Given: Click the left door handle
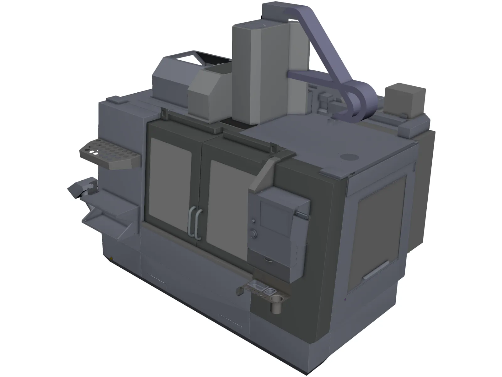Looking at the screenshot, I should point(190,221).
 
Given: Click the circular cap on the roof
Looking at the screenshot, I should point(348,157).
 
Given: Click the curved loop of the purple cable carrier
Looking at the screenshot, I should point(361,101).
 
